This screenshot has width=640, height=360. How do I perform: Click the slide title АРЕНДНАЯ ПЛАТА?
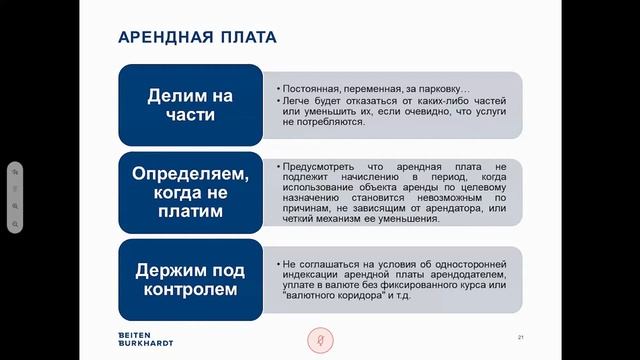coord(197,38)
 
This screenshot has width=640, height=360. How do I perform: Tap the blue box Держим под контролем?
coord(190,278)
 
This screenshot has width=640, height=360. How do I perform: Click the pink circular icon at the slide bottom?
coord(320,340)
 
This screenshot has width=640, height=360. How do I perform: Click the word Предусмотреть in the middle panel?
coord(320,163)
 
